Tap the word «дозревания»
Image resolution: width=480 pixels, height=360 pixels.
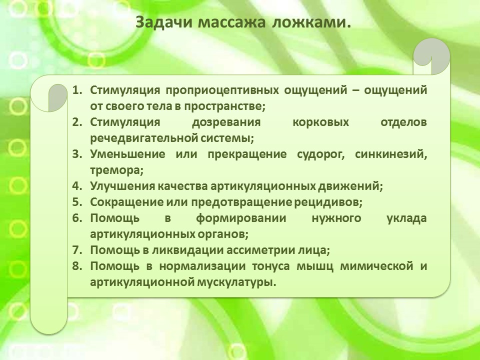[226, 122]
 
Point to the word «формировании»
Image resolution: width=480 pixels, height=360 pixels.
[241, 218]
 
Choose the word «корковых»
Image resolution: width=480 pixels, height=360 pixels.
[321, 122]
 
